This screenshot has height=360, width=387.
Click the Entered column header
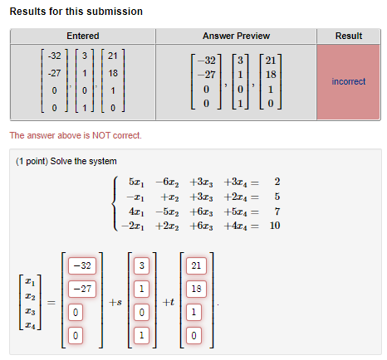point(83,36)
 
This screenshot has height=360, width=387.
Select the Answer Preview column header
point(236,36)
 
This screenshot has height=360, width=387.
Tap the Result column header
point(349,36)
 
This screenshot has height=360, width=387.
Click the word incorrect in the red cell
point(349,81)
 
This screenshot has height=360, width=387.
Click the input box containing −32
point(82,265)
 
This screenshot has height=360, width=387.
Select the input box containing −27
point(82,289)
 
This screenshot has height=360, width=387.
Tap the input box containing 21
point(196,265)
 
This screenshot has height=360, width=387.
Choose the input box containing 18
point(196,289)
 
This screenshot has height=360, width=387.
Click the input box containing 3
point(142,265)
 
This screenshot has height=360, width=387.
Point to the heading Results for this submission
point(76,12)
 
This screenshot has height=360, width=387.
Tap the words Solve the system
point(83,161)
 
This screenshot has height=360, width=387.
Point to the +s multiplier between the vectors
point(115,302)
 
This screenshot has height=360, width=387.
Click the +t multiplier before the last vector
point(169,302)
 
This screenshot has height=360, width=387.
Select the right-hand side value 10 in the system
point(275,226)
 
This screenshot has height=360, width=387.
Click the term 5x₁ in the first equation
point(136,182)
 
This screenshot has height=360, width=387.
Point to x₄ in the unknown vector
point(30,325)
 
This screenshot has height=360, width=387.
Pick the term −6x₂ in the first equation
point(167,182)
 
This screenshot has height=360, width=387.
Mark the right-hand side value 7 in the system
point(277,212)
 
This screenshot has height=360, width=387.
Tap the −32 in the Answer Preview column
point(207,61)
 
